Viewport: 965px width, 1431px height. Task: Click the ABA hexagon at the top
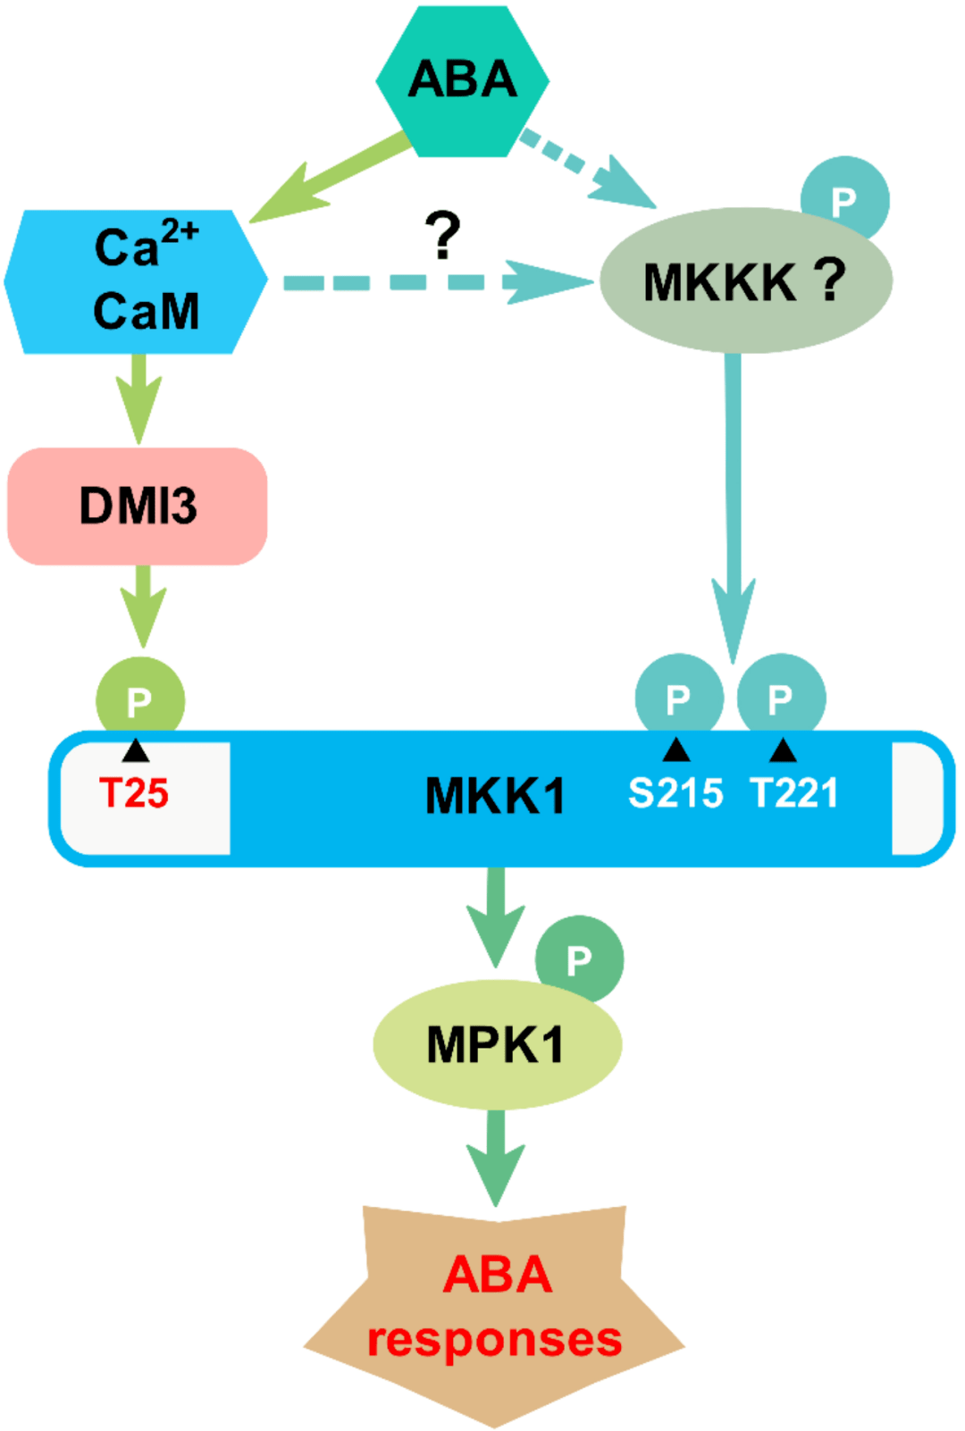click(462, 80)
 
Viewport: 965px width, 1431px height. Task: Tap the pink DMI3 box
click(138, 506)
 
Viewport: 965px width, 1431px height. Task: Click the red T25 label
click(134, 793)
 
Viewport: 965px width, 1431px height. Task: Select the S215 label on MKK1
click(675, 793)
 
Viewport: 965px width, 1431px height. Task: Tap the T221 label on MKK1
click(794, 793)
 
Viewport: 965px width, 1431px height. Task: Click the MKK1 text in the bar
click(496, 795)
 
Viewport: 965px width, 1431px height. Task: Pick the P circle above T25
click(140, 699)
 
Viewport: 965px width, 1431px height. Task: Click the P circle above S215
click(678, 697)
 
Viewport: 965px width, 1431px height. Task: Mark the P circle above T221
click(781, 697)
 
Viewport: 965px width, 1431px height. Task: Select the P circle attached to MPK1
click(580, 958)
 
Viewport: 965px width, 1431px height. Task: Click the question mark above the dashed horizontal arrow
click(443, 235)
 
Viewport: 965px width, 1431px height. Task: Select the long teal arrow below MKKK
click(734, 500)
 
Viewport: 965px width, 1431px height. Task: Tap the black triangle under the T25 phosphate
click(135, 750)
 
